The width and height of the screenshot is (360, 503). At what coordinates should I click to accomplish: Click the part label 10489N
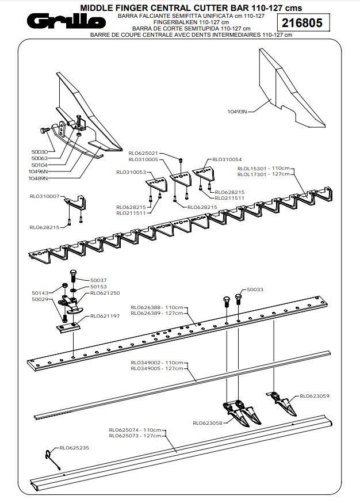(x=38, y=178)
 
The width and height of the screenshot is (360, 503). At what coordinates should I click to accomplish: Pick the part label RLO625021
(x=143, y=153)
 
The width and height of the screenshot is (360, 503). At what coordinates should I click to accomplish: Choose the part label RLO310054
(x=227, y=159)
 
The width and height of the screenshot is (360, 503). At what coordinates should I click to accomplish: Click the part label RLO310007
(x=45, y=196)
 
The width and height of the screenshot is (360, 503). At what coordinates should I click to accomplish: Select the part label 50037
(x=98, y=280)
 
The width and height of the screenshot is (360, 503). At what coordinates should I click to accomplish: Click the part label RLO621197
(x=104, y=316)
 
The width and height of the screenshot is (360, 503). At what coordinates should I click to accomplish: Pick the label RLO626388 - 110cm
(x=157, y=307)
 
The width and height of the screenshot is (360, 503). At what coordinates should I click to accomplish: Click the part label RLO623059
(x=314, y=396)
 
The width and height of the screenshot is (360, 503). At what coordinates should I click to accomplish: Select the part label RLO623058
(x=208, y=423)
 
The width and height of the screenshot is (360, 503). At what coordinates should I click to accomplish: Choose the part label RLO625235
(x=74, y=447)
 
